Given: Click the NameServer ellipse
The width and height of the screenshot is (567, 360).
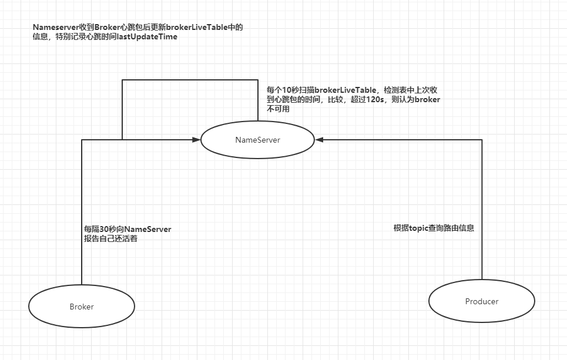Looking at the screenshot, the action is click(x=257, y=140).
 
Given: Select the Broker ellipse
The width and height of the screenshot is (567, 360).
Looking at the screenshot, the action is click(x=82, y=307).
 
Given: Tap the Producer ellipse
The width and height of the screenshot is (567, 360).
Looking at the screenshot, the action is click(x=482, y=301).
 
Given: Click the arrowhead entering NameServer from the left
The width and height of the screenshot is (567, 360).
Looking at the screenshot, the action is click(x=197, y=140).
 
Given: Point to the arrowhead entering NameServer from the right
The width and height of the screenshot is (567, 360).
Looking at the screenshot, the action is click(x=319, y=140).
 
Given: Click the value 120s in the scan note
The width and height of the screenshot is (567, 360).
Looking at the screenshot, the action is click(x=372, y=100).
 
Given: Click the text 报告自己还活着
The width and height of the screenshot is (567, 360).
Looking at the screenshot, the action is click(x=111, y=239).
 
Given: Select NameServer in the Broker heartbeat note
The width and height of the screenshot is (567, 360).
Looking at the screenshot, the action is click(x=147, y=229).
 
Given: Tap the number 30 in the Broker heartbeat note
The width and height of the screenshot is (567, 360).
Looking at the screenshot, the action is click(x=105, y=229).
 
